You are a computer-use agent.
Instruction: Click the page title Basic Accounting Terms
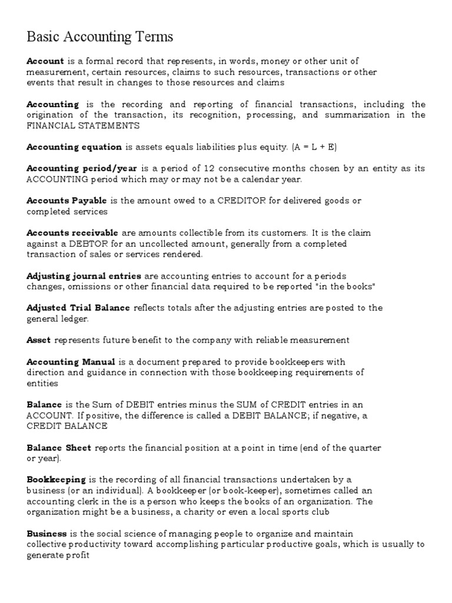click(x=100, y=37)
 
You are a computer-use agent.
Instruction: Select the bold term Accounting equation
click(x=74, y=147)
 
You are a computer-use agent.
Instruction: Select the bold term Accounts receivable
click(x=72, y=233)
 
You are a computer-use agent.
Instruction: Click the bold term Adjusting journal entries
click(x=84, y=276)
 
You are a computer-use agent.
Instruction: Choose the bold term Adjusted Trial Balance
click(x=79, y=308)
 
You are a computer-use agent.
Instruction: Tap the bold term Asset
click(x=39, y=340)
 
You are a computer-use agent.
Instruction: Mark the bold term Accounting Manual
click(x=71, y=362)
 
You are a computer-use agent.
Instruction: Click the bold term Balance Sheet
click(x=59, y=448)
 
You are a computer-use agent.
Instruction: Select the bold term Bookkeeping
click(x=56, y=480)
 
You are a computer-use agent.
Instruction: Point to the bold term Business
click(x=47, y=534)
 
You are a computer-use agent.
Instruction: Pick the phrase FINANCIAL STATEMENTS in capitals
click(x=83, y=125)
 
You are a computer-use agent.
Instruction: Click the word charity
click(x=193, y=512)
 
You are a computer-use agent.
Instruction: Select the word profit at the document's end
click(x=78, y=555)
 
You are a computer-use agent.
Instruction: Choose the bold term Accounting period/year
click(x=82, y=168)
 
